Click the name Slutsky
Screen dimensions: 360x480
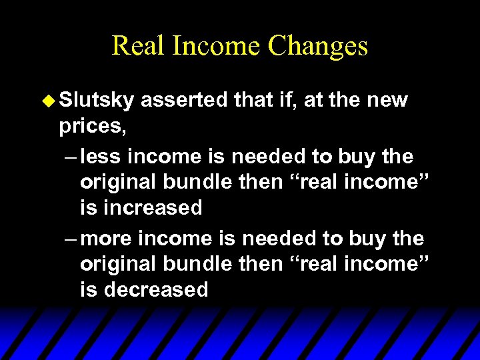(x=97, y=101)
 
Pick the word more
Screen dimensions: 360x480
(x=108, y=239)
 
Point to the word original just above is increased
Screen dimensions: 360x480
(x=119, y=182)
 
